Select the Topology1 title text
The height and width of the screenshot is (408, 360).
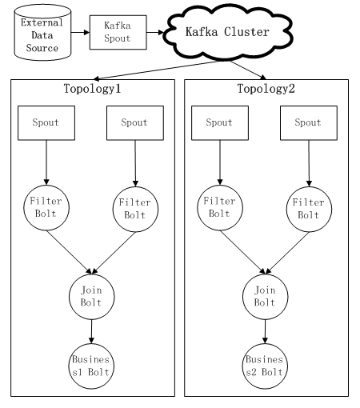pyautogui.click(x=92, y=89)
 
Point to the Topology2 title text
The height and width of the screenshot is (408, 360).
pyautogui.click(x=266, y=89)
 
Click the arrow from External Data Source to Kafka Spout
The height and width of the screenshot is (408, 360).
pyautogui.click(x=80, y=32)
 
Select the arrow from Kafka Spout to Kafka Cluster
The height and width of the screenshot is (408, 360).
pyautogui.click(x=155, y=33)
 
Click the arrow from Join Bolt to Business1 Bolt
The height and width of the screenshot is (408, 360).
pyautogui.click(x=91, y=331)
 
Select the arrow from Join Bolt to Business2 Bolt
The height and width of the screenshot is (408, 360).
pyautogui.click(x=265, y=331)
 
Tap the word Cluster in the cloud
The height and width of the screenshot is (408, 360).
pyautogui.click(x=246, y=32)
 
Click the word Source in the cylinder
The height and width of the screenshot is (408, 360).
pyautogui.click(x=42, y=48)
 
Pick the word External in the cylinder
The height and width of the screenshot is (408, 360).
pyautogui.click(x=42, y=22)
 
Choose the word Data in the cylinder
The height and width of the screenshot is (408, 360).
pyautogui.click(x=42, y=35)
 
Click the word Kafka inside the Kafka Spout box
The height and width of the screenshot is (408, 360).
pyautogui.click(x=118, y=26)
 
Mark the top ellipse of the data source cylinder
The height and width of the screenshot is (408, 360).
pyautogui.click(x=42, y=4)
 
